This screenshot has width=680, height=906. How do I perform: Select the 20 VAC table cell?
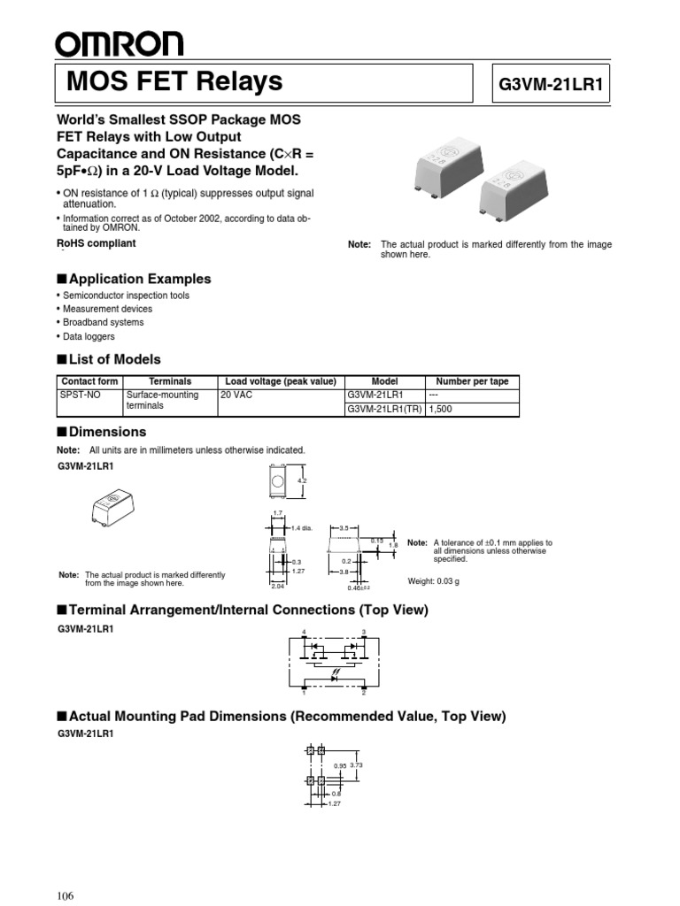(238, 395)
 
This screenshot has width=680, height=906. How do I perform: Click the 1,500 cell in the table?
(443, 410)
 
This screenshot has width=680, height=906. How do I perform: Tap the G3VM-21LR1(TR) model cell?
(384, 410)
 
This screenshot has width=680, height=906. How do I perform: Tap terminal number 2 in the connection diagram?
(365, 695)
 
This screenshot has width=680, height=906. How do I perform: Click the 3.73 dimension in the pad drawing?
(357, 764)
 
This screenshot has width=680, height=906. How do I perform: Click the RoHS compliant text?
(96, 243)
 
